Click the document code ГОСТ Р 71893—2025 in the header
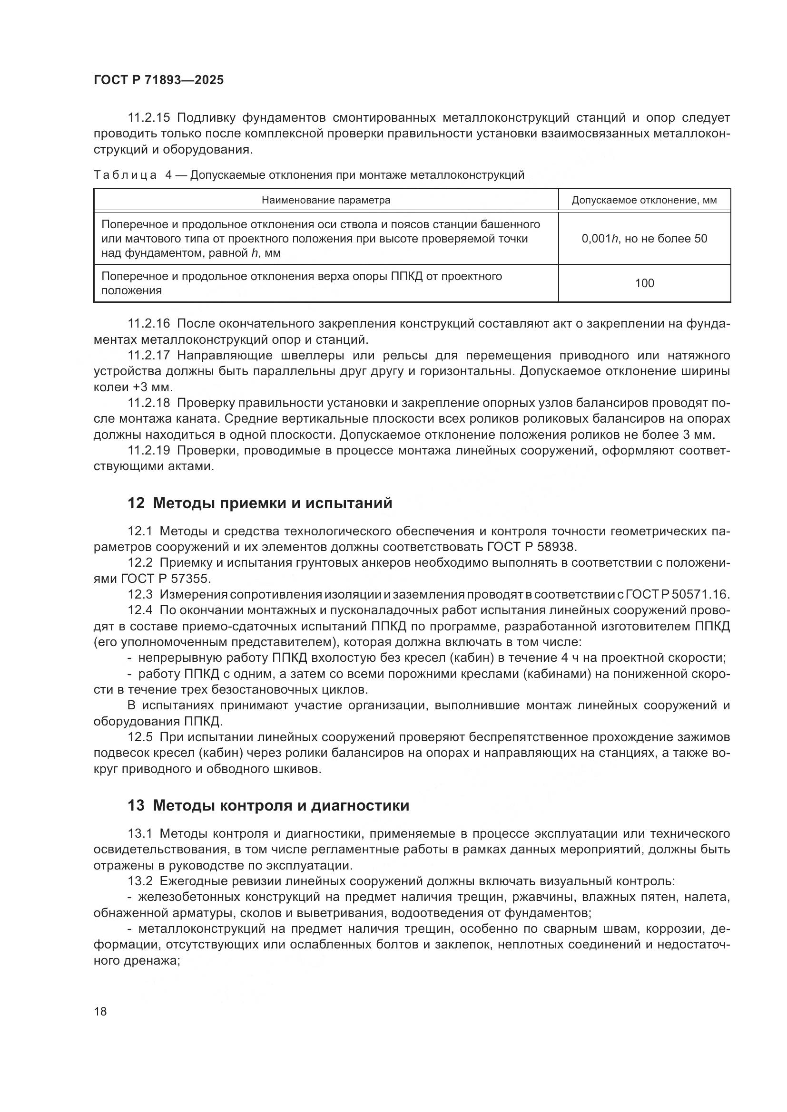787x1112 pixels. pyautogui.click(x=158, y=80)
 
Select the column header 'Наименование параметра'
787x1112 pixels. pyautogui.click(x=325, y=200)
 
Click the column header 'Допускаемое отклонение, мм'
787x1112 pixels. pyautogui.click(x=644, y=200)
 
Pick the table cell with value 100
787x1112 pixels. pyautogui.click(x=644, y=283)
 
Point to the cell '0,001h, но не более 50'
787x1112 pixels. pyautogui.click(x=644, y=238)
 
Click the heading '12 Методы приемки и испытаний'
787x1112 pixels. pyautogui.click(x=260, y=503)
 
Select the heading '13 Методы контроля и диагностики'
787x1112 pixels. pyautogui.click(x=268, y=805)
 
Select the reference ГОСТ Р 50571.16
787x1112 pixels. pyautogui.click(x=678, y=595)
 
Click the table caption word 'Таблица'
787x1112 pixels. pyautogui.click(x=125, y=175)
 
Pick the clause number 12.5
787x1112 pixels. pyautogui.click(x=140, y=737)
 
